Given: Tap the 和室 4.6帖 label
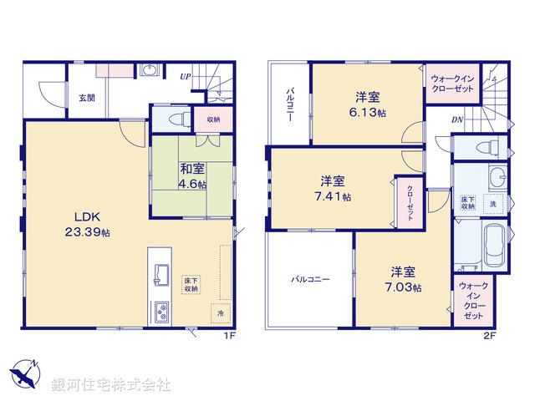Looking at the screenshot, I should coord(192,175).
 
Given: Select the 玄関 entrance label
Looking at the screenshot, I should coord(87,98).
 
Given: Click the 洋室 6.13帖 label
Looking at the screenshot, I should coord(368,104).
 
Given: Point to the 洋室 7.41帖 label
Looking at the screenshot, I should coord(334,189).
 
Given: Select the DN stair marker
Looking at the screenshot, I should coord(457,120).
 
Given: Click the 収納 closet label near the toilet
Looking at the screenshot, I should coord(211,119).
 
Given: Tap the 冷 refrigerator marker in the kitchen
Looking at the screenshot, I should coord(221,313).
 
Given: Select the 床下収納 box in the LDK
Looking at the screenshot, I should coord(192,284).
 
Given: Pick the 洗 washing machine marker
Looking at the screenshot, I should coord(492,205).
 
